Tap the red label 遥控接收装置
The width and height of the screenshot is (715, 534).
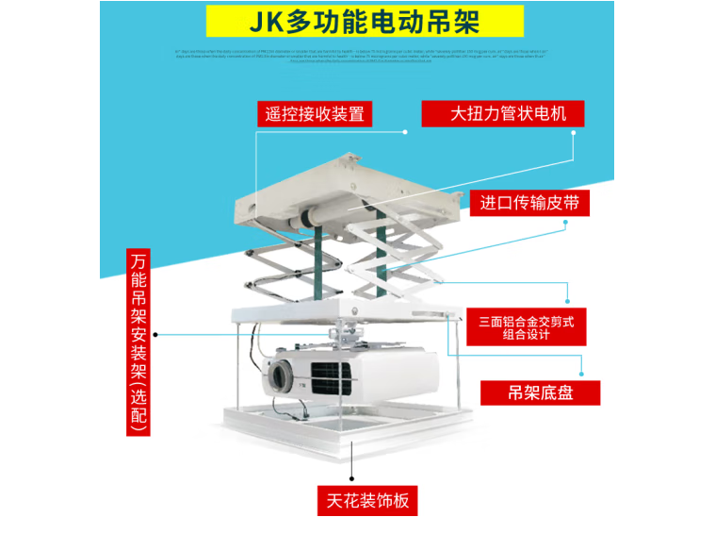pyautogui.click(x=314, y=115)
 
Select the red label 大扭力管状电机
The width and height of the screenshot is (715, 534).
pyautogui.click(x=503, y=115)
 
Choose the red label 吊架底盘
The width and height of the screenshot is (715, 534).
pyautogui.click(x=540, y=392)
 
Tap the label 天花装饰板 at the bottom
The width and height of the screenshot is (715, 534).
pyautogui.click(x=367, y=501)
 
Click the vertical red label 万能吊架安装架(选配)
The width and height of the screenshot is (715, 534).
pyautogui.click(x=139, y=342)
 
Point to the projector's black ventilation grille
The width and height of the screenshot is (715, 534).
pyautogui.click(x=333, y=376)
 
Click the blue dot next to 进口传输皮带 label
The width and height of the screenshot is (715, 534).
pyautogui.click(x=566, y=224)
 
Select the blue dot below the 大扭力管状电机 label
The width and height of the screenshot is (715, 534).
pyautogui.click(x=575, y=132)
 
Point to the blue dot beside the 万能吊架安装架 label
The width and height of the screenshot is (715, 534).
pyautogui.click(x=157, y=334)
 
